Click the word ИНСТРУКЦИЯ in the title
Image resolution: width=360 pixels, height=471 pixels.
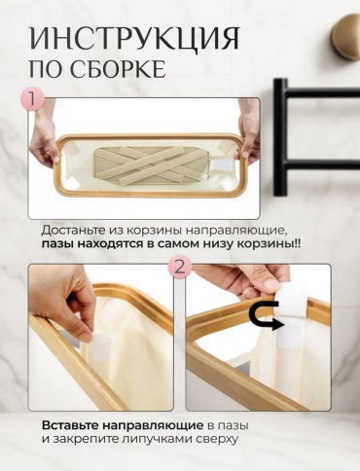(x=134, y=38)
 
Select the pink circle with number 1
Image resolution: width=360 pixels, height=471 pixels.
(x=32, y=98)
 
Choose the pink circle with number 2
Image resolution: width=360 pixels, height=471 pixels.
(x=180, y=268)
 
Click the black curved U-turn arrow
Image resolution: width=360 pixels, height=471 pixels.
(x=266, y=314)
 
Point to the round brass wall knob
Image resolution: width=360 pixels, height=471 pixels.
(x=345, y=37)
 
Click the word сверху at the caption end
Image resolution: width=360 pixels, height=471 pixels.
(x=217, y=439)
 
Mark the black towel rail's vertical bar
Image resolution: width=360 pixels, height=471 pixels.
(x=281, y=137)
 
